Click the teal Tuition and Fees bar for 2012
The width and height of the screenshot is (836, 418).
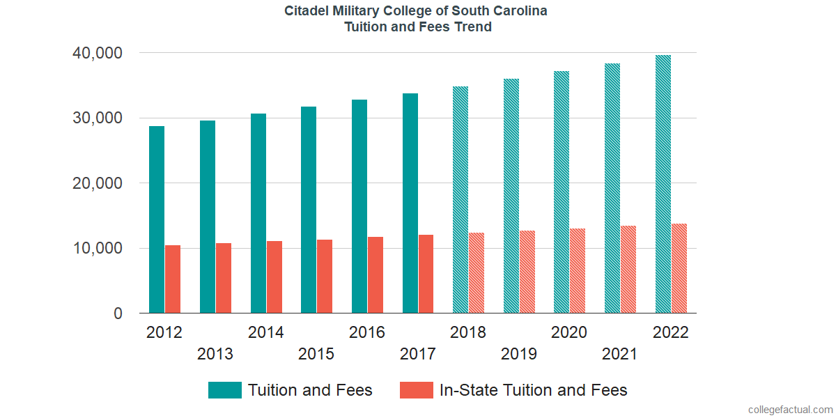click(157, 219)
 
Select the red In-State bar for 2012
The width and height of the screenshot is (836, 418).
click(173, 279)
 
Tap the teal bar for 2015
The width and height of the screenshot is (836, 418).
click(309, 210)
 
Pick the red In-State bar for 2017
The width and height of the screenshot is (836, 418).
click(426, 274)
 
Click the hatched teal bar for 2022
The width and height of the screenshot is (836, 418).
click(663, 184)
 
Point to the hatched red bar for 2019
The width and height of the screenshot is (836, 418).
click(527, 272)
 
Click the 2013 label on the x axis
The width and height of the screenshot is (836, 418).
click(215, 354)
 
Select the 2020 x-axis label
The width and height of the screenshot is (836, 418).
click(569, 332)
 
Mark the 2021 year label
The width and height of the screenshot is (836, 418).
click(620, 354)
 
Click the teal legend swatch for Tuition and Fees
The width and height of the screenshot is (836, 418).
click(224, 390)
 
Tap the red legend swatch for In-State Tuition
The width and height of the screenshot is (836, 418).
click(416, 390)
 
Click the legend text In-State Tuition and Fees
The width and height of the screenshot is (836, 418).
click(533, 390)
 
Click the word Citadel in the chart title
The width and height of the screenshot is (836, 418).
click(307, 11)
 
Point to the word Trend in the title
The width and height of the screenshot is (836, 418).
click(474, 27)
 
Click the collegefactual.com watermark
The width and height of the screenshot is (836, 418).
click(790, 410)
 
